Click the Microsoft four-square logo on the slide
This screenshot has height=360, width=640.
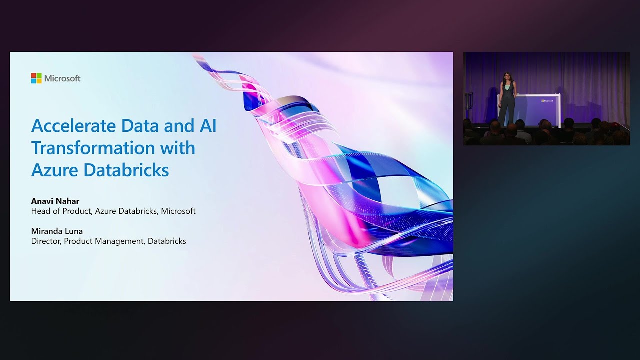[36, 78]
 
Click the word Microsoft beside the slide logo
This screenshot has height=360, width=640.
[62, 78]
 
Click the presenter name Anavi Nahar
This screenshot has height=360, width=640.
[55, 201]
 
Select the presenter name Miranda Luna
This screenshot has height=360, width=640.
[57, 231]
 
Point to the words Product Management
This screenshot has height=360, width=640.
[104, 241]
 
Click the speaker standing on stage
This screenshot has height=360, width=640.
[506, 100]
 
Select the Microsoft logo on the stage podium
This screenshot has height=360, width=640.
[547, 101]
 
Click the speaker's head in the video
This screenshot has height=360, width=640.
[507, 77]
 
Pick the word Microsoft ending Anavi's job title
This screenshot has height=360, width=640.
[179, 211]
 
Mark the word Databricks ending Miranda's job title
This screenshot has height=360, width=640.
[167, 241]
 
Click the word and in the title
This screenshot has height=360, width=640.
[175, 126]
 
